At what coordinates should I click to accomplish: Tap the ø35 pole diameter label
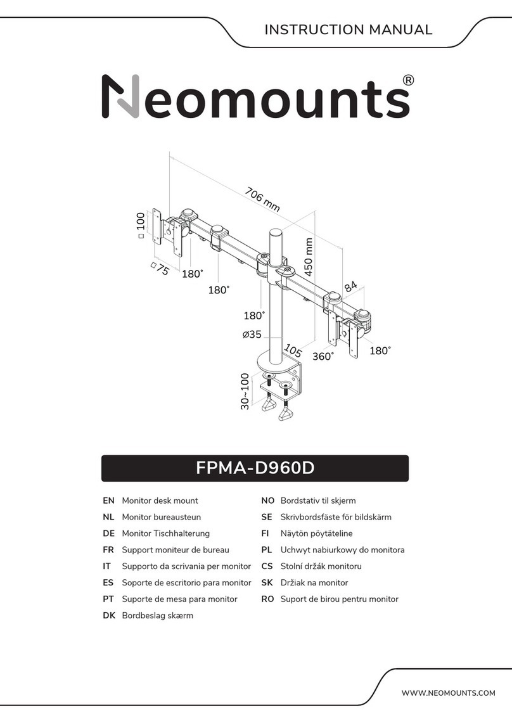(x=252, y=335)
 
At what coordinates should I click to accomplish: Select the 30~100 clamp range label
(x=245, y=392)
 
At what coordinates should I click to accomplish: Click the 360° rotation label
(x=323, y=357)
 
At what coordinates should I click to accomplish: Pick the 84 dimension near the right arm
(x=350, y=287)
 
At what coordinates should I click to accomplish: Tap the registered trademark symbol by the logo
(x=409, y=80)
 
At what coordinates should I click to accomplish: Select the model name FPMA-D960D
(x=255, y=469)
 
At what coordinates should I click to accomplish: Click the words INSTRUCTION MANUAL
(x=348, y=30)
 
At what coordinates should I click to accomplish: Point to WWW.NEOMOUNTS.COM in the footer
(x=448, y=693)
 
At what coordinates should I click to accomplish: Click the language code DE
(x=108, y=534)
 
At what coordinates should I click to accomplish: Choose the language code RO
(x=267, y=599)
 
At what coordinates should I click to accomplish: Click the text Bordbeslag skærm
(x=157, y=615)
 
